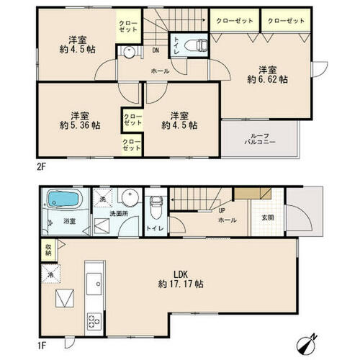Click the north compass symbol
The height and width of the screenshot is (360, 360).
click(307, 342)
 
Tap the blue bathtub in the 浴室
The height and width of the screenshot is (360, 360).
click(63, 199)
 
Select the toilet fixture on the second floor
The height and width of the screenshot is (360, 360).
click(196, 45)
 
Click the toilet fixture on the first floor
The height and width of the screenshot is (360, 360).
click(156, 207)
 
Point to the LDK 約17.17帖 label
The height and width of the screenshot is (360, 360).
click(181, 279)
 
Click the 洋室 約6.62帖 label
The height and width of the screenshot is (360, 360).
click(268, 75)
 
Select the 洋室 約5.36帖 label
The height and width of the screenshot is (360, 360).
click(80, 121)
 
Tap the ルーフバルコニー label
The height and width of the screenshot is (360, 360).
click(260, 139)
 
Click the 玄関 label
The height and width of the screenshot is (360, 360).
click(268, 218)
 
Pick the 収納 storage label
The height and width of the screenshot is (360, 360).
click(48, 250)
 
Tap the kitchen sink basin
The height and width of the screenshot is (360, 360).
click(94, 284)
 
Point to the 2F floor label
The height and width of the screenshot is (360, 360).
click(41, 166)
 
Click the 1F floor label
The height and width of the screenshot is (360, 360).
click(41, 346)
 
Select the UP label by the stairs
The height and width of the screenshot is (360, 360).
click(222, 211)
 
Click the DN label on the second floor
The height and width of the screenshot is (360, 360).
click(156, 50)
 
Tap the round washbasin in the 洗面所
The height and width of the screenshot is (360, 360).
click(130, 198)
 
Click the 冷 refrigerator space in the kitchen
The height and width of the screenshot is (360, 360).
click(50, 274)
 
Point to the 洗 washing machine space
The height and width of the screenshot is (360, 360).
click(103, 198)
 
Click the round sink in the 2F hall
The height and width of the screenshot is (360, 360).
click(129, 52)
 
